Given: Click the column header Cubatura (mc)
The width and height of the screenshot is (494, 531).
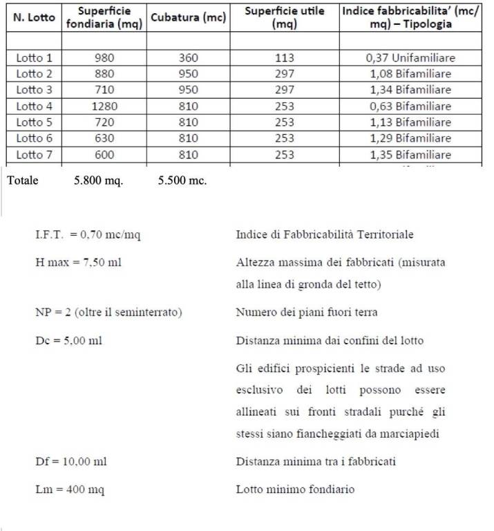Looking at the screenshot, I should (x=188, y=18).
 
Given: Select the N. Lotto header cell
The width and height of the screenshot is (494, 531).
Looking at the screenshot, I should (x=35, y=18).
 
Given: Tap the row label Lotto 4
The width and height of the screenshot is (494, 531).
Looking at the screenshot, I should (x=35, y=106).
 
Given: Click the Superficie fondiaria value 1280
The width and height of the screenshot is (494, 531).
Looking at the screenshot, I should (x=104, y=106).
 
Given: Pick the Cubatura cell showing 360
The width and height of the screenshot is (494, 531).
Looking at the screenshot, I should (x=188, y=58).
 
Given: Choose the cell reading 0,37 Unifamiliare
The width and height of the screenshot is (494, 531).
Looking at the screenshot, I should (x=410, y=58).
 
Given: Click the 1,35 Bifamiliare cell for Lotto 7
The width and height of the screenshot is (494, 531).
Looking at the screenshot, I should (x=410, y=155).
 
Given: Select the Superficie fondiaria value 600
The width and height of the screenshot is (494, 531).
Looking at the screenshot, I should (x=104, y=155).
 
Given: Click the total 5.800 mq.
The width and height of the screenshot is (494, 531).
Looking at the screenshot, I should (x=98, y=181).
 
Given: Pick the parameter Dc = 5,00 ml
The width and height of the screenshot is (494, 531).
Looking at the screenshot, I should (x=70, y=341).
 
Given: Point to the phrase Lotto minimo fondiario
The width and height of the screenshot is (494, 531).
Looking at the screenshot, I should (x=295, y=490).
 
